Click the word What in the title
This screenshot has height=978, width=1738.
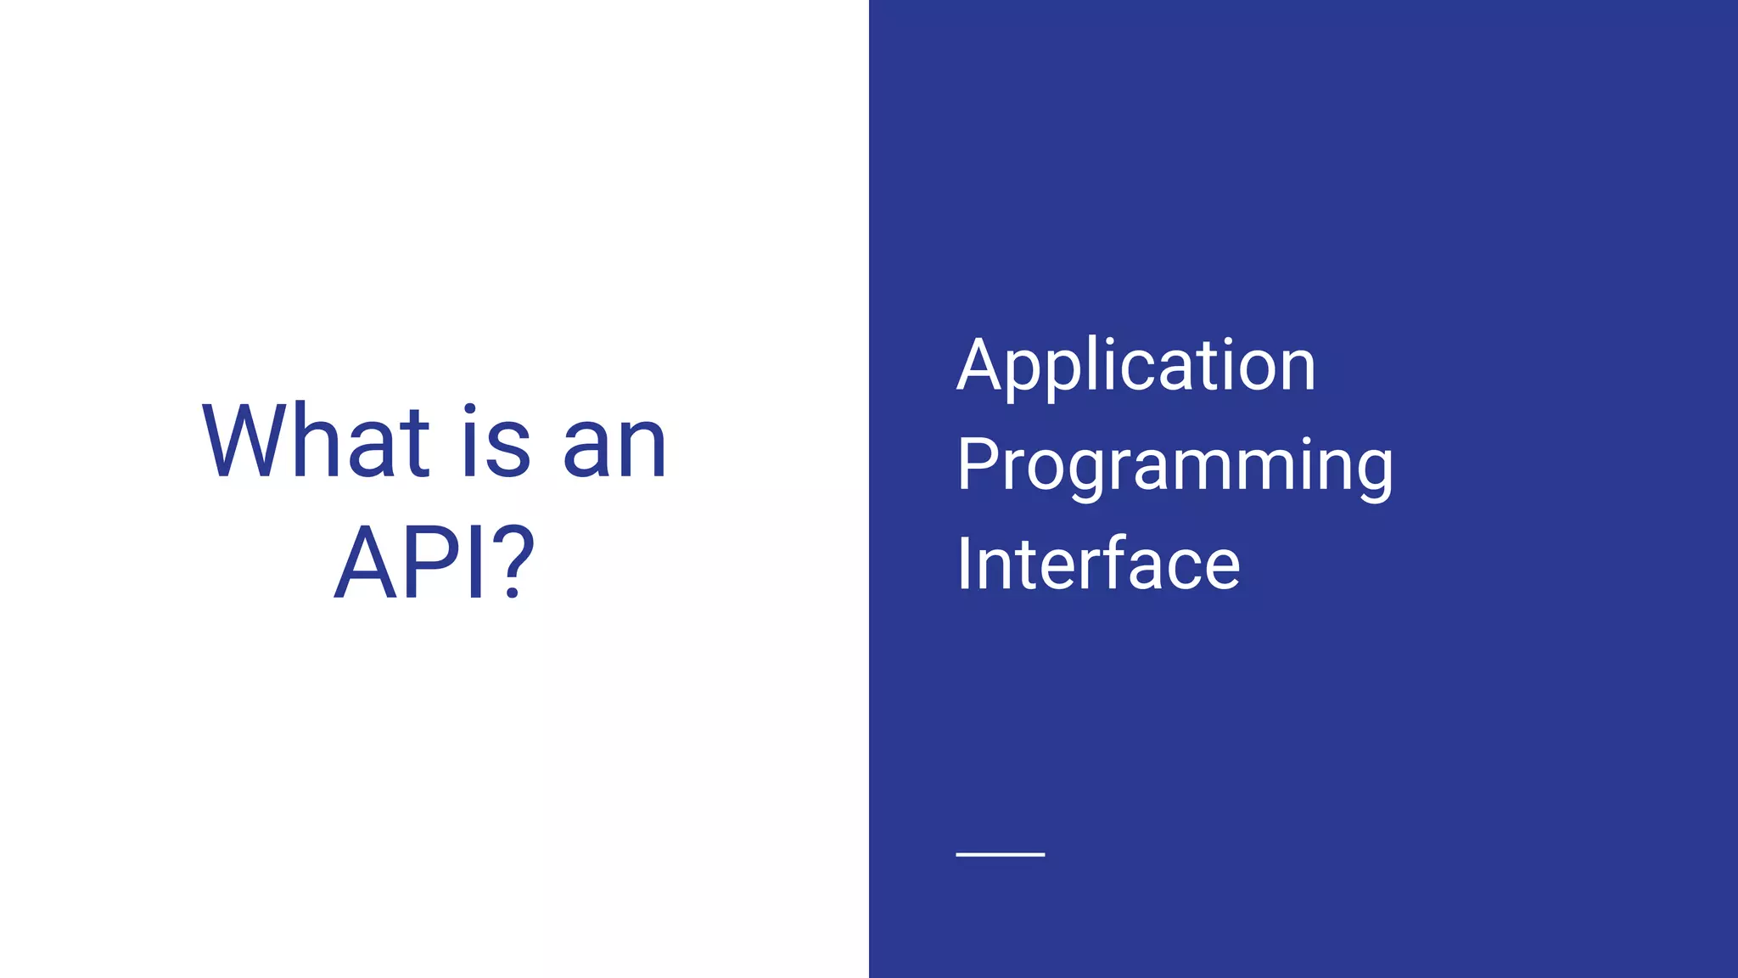coord(316,443)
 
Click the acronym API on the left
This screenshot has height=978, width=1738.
coord(412,563)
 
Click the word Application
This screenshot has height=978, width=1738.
coord(1135,367)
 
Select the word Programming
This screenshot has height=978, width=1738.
coord(1175,467)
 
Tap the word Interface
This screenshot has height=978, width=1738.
coord(1098,565)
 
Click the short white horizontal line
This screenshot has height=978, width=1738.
coord(1000,854)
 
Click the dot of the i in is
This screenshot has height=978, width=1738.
coord(471,409)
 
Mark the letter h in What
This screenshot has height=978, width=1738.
coord(321,443)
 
